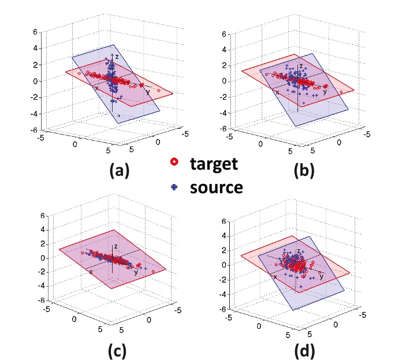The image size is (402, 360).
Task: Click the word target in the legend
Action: pos(214,163)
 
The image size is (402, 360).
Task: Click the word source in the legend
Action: pos(216,187)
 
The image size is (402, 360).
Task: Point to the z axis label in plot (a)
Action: pos(116,57)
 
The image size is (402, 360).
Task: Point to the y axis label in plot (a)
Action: pos(147,91)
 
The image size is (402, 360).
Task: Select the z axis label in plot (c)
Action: pos(116,246)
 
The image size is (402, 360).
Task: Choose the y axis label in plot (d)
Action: pos(321,277)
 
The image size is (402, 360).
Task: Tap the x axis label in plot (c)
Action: pos(91,271)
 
